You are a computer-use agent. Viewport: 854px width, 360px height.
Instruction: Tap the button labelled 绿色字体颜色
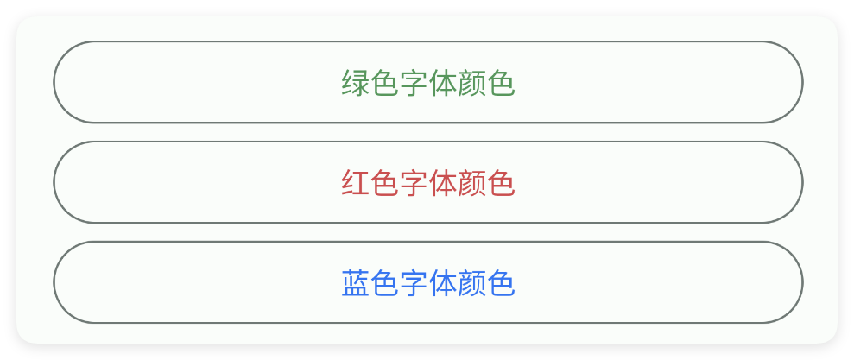pos(428,82)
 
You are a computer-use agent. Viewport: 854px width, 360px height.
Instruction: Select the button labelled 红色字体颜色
pos(428,182)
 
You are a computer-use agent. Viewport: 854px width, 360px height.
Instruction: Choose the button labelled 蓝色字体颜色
pos(428,282)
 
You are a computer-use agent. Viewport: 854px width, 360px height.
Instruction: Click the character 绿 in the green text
pos(356,83)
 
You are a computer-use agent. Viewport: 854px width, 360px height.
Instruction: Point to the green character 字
pos(414,83)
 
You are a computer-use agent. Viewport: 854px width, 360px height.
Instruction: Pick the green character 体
pos(442,83)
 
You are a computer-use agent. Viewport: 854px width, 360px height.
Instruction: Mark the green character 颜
pos(471,83)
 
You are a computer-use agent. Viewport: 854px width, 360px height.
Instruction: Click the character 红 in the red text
pos(356,183)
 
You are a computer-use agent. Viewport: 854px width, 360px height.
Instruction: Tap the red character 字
pos(414,183)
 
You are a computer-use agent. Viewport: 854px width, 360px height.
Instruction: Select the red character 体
pos(442,183)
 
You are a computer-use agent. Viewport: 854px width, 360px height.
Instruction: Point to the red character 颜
pos(471,183)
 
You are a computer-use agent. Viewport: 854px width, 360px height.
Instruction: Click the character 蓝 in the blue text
pos(356,283)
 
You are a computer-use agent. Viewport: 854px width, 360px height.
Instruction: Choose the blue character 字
pos(414,283)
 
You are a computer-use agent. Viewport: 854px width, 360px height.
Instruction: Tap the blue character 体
pos(442,283)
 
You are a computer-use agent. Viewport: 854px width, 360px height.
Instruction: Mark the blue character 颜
pos(471,283)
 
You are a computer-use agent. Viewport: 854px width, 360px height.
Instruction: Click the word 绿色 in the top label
pos(370,83)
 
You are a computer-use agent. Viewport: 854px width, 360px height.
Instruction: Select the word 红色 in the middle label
pos(370,183)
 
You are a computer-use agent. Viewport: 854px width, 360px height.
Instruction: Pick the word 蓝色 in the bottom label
pos(370,283)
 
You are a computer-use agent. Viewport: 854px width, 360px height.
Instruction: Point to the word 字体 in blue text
pos(428,283)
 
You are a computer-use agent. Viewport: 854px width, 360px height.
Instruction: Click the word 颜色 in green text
pos(486,83)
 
